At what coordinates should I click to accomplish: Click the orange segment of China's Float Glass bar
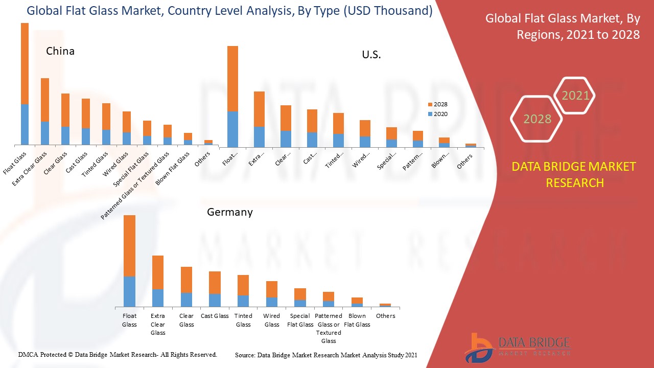coord(25,63)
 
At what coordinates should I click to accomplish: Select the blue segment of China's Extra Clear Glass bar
coord(45,133)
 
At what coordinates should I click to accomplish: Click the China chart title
coord(60,51)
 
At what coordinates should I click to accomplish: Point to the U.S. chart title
coord(371,55)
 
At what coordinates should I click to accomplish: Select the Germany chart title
coord(229,212)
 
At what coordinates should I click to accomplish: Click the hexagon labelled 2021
coord(575,96)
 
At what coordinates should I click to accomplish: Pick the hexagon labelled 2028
coord(536,119)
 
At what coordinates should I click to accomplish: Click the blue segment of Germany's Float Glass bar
coord(129,291)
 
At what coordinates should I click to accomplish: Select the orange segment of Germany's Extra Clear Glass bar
coord(158,272)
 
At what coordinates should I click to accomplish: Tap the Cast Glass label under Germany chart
coord(215,316)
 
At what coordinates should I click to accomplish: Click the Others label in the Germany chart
coord(385,316)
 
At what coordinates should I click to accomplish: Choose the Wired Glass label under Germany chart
coord(272,320)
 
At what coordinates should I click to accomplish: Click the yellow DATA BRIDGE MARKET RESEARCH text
coord(575,174)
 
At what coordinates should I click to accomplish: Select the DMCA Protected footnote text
coord(118,354)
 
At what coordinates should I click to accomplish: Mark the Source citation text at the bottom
coord(326,355)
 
